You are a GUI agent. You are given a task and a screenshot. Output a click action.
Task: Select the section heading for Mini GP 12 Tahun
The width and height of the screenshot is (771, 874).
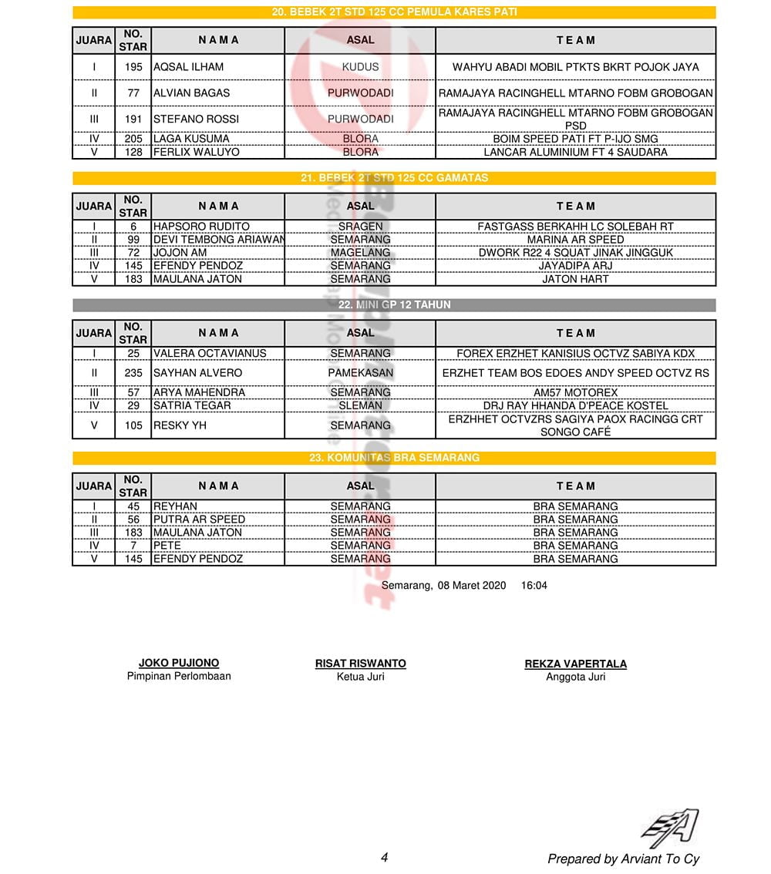click(x=394, y=305)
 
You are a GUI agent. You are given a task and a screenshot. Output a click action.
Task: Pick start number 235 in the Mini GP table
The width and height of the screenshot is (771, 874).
click(x=133, y=373)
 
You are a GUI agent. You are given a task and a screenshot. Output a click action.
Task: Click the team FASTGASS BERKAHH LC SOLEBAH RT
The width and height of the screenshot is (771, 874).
click(x=575, y=227)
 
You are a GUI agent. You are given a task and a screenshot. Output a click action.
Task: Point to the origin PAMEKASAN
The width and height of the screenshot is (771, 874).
click(x=360, y=373)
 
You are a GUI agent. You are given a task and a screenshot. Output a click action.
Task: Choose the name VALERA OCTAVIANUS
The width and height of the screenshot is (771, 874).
click(x=210, y=354)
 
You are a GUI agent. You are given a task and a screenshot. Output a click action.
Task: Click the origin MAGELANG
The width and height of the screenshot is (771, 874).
click(x=360, y=253)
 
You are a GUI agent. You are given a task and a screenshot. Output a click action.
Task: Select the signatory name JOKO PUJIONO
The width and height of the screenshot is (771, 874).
click(x=179, y=663)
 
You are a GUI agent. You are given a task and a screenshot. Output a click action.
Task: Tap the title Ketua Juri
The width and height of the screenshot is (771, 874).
click(x=360, y=677)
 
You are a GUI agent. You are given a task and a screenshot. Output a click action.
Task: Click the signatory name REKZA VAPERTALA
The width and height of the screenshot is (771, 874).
click(x=575, y=664)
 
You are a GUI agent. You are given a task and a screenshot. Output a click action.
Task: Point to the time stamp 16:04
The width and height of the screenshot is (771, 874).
click(x=534, y=586)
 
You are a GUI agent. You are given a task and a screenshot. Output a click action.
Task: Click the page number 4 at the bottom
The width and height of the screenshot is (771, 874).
click(x=384, y=857)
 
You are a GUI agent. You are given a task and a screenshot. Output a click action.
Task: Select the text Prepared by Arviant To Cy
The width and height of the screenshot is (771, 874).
click(x=623, y=859)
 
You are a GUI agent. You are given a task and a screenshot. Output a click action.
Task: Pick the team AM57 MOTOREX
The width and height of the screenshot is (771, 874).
click(x=575, y=392)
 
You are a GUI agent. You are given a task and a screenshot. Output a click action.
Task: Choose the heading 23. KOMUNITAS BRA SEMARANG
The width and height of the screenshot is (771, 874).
click(x=394, y=458)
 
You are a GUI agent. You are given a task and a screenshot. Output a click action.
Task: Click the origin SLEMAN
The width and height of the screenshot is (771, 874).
click(x=360, y=405)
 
